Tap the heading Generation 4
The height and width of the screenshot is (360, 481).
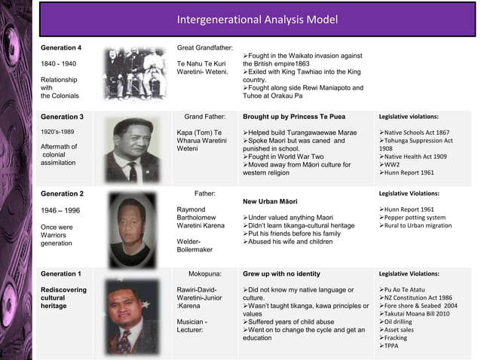pos(61,47)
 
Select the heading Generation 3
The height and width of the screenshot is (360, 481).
pos(62,117)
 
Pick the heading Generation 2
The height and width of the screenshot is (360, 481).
pos(62,194)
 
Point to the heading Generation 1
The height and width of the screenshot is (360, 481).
pos(62,274)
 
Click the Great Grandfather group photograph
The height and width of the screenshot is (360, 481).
pos(134,73)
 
